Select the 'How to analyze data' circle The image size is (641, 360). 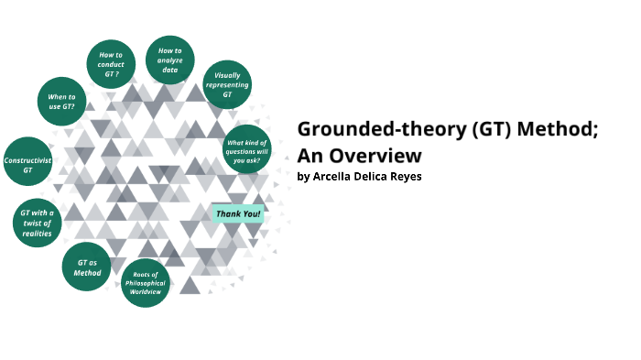click(170, 60)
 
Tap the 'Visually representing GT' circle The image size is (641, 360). click(227, 84)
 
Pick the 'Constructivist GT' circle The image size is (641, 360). click(27, 161)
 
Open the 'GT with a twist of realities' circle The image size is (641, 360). click(38, 223)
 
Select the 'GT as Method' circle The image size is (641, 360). click(87, 267)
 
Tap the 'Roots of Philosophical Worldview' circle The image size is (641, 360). click(146, 281)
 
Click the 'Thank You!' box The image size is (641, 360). click(238, 213)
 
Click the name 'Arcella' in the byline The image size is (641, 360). click(333, 176)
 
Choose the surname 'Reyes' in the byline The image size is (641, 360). click(404, 176)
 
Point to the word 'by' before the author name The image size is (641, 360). click(303, 177)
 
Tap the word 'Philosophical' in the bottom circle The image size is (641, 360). click(146, 283)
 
